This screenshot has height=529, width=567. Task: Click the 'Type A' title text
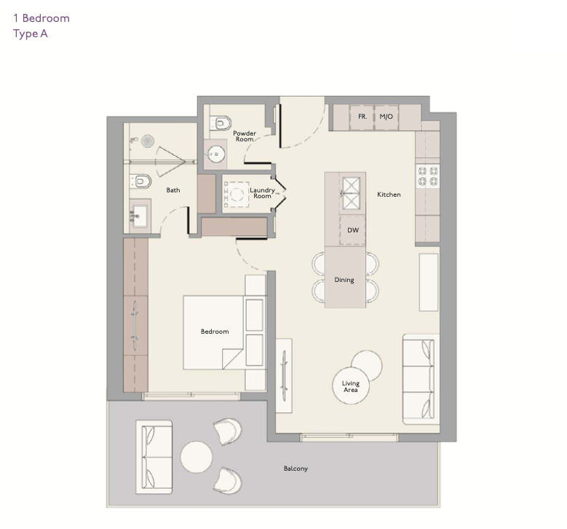click(x=31, y=34)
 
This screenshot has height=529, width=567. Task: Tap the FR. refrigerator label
click(x=362, y=117)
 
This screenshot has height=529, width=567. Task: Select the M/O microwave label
click(x=386, y=117)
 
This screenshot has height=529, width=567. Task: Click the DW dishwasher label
click(x=353, y=230)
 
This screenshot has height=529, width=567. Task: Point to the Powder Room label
click(x=245, y=136)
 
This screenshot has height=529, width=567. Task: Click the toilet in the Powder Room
click(x=221, y=123)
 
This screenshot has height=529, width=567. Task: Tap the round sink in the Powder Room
click(x=215, y=154)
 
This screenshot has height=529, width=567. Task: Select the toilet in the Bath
click(x=140, y=181)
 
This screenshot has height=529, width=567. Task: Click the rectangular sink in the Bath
click(x=140, y=216)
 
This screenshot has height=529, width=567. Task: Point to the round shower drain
click(x=148, y=141)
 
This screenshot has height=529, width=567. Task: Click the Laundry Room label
click(x=262, y=193)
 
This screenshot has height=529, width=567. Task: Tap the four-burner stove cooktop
click(x=428, y=176)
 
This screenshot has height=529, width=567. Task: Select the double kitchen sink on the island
click(x=351, y=193)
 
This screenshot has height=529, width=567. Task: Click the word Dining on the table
click(x=344, y=280)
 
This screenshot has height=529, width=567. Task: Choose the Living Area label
click(x=350, y=386)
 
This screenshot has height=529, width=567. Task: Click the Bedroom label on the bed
click(x=215, y=332)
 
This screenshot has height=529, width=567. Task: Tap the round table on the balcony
click(x=197, y=457)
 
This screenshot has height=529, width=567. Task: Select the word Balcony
click(x=296, y=469)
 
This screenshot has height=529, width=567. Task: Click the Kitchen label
click(x=389, y=195)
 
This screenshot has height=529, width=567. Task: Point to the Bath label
click(x=173, y=190)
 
